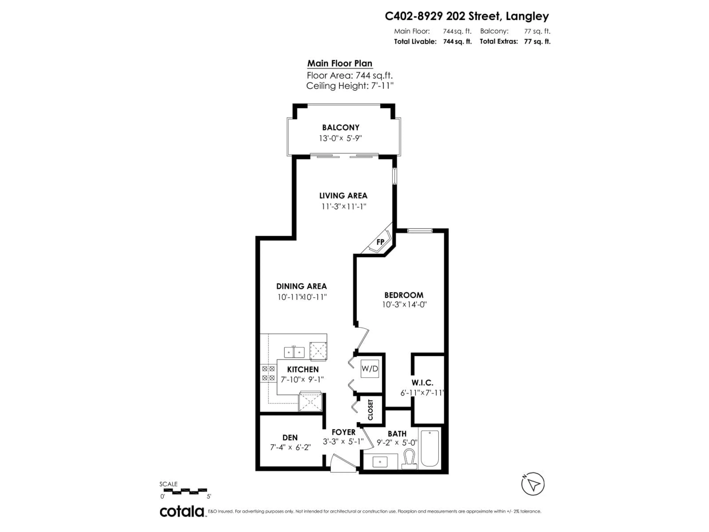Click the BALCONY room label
[340, 128]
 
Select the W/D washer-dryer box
[370, 369]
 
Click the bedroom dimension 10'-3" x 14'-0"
[404, 304]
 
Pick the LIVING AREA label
[343, 196]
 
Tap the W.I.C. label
[422, 383]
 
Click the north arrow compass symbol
[533, 484]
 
